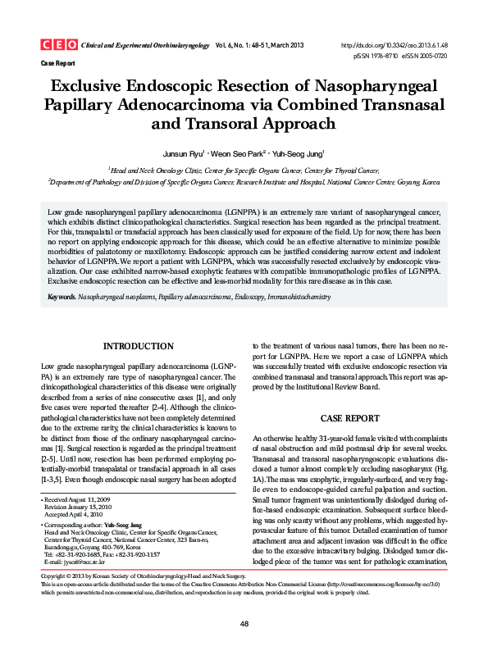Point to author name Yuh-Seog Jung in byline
tap(299, 153)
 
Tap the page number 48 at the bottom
tap(244, 625)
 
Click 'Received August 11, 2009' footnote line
tap(79, 498)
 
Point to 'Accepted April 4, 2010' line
tap(76, 513)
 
